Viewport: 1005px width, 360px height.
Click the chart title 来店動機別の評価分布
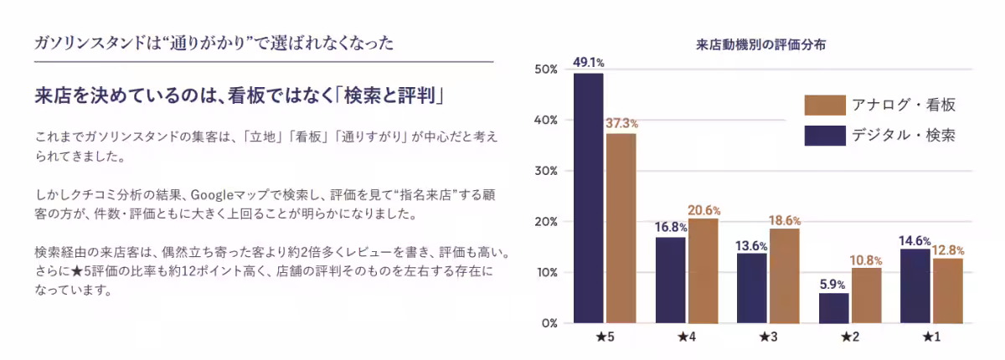coord(761,45)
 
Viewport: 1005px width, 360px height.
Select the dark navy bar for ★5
coord(588,198)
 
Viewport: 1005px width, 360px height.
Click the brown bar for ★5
coord(621,228)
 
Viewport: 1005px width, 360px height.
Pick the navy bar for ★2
coord(833,307)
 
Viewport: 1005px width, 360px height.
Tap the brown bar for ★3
coord(784,275)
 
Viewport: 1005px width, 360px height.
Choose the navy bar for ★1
coord(915,285)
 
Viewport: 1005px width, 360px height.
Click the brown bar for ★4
coord(703,270)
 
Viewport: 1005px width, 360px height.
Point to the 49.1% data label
coord(588,62)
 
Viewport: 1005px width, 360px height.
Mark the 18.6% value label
coord(784,220)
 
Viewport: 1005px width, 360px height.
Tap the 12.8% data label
coord(947,249)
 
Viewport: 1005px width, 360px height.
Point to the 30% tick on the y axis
coord(544,171)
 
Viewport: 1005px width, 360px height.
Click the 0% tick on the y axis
coord(549,323)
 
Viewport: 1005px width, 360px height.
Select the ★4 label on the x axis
coord(686,337)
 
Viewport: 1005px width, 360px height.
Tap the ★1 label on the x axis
coord(930,337)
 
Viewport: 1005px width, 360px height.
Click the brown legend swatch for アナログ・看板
coord(824,105)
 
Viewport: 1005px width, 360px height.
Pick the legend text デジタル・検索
coord(903,134)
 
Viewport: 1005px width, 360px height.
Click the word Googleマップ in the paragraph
coord(225,194)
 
